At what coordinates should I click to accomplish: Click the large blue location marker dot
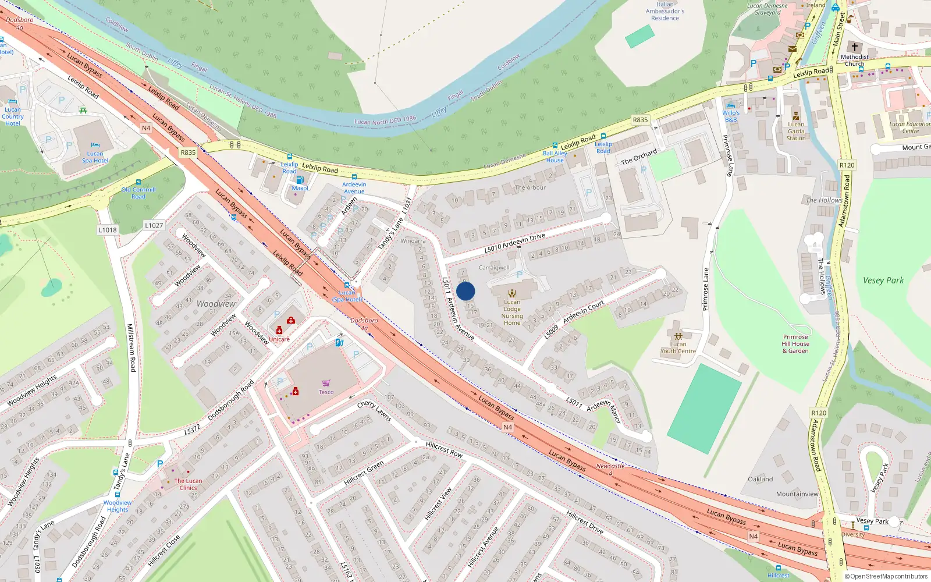coord(465,291)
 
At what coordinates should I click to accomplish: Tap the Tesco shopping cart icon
coord(326,383)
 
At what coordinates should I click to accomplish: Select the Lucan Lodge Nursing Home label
coord(512,313)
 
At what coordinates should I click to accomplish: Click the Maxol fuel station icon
coord(300,180)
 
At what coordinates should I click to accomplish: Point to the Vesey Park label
coord(883,281)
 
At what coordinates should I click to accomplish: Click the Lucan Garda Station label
coord(796,131)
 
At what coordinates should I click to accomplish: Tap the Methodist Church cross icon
coord(854,47)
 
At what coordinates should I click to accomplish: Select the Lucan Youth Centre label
coord(678,347)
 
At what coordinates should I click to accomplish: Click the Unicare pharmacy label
coord(279,339)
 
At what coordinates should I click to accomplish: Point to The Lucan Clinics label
coord(188,484)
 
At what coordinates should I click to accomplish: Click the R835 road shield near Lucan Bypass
coord(188,152)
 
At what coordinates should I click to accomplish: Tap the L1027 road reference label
coord(154,225)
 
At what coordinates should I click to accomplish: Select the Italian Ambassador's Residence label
coord(665,11)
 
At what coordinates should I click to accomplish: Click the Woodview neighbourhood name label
coord(216,304)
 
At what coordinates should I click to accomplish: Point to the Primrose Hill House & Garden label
coord(795,344)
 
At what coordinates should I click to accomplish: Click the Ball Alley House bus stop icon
coord(555,146)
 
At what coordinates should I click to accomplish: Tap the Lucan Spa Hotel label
coord(95,157)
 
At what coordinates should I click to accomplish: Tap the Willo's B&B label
coord(731,116)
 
